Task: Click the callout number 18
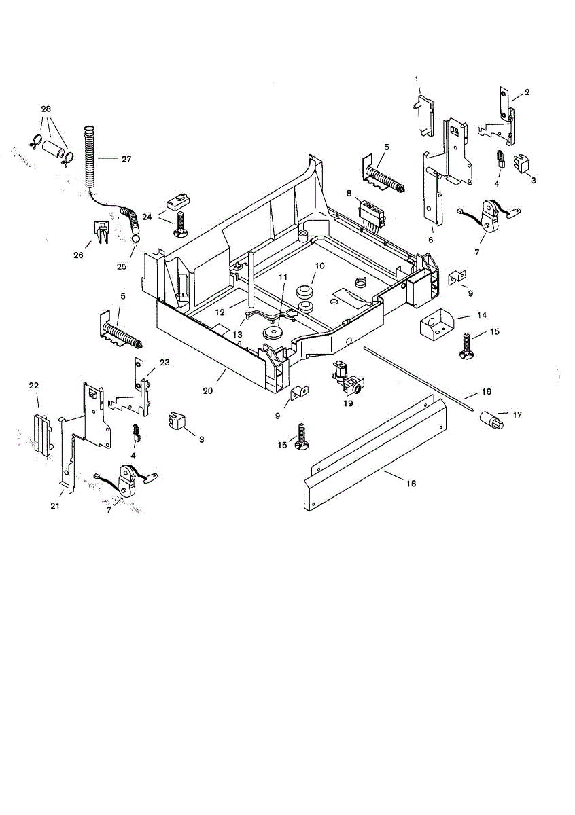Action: tap(410, 483)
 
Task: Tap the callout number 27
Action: tap(126, 159)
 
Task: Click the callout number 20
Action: tap(209, 391)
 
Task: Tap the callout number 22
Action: tap(33, 386)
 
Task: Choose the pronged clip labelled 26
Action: tap(99, 231)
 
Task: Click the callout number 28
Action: tap(46, 109)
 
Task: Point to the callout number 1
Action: tap(417, 79)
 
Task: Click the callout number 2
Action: tap(527, 92)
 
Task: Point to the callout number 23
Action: tap(164, 362)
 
